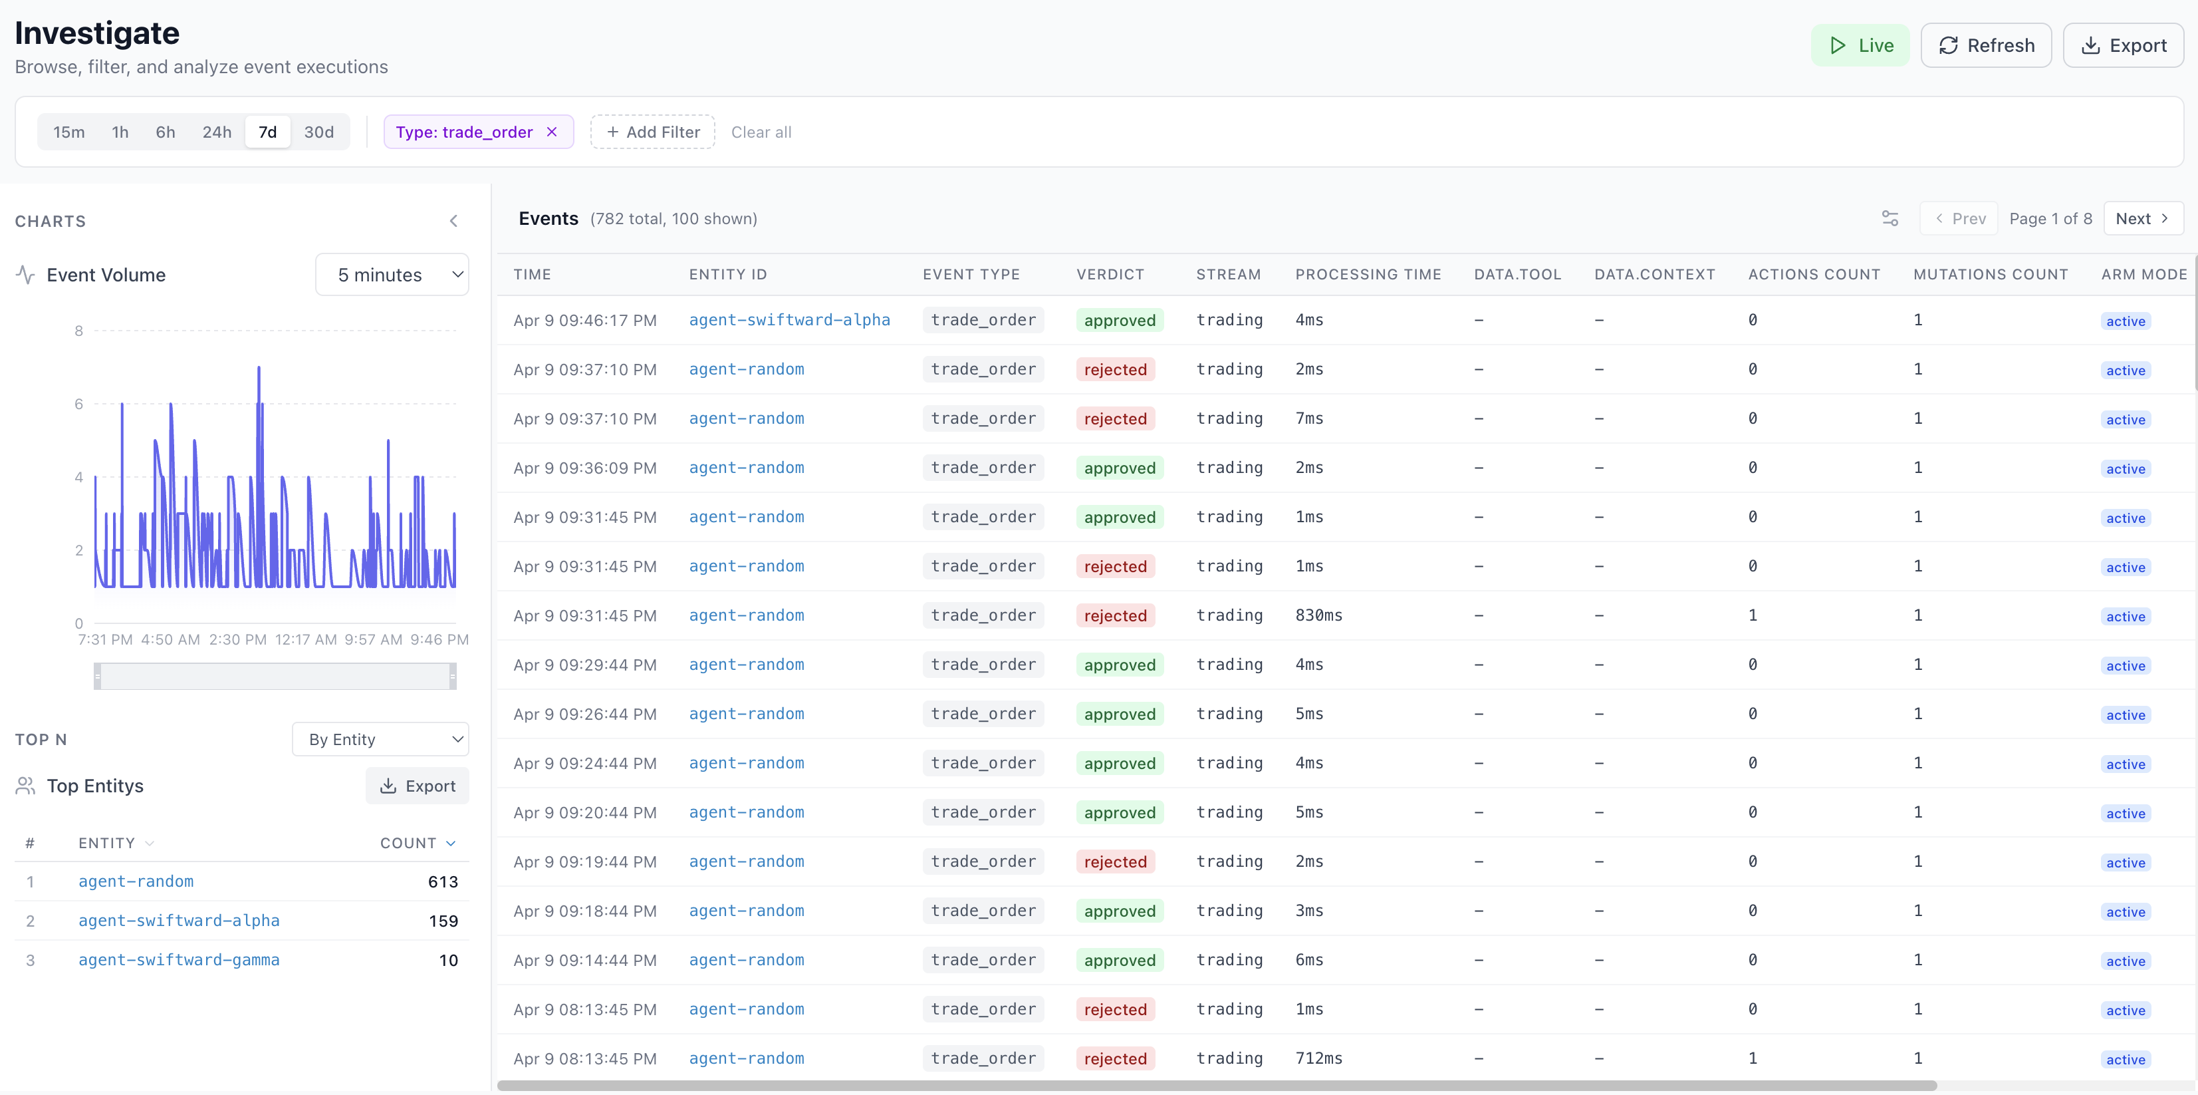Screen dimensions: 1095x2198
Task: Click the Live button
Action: click(1860, 45)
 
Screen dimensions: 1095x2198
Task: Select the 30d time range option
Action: click(319, 132)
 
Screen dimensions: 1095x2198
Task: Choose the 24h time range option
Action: click(217, 132)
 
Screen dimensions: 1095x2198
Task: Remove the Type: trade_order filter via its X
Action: click(552, 132)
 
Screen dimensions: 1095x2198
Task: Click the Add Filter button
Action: click(653, 132)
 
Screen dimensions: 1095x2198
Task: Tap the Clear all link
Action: click(761, 132)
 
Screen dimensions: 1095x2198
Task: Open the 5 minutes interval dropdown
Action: click(392, 275)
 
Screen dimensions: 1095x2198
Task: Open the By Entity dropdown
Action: click(380, 739)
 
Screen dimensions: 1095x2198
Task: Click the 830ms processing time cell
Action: click(1318, 615)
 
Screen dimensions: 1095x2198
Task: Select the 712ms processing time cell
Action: click(1318, 1058)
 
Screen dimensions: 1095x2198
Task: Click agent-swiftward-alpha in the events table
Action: click(789, 320)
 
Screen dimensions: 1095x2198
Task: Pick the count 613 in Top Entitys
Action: click(443, 881)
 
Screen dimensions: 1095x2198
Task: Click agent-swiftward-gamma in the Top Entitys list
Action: click(180, 960)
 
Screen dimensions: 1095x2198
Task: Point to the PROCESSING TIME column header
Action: click(1368, 274)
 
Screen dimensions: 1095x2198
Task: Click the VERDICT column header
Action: click(1110, 274)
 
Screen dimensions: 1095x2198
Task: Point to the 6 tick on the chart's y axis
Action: click(78, 404)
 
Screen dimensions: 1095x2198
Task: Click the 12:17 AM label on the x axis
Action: click(305, 639)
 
